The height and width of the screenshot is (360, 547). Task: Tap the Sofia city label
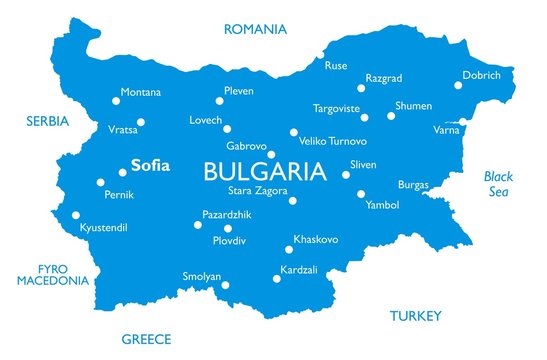tap(150, 167)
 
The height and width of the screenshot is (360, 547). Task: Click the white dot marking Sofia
tap(123, 172)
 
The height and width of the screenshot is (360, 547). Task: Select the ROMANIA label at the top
tap(255, 29)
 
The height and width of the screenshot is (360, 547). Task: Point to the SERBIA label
tap(47, 121)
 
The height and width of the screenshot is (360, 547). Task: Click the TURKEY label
tap(415, 316)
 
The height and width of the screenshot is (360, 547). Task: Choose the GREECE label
tap(147, 339)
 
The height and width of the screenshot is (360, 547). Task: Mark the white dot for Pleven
tap(219, 100)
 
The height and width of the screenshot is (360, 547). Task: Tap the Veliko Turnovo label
tap(334, 142)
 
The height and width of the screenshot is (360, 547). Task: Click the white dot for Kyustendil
tap(76, 214)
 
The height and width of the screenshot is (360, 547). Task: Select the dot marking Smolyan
tap(225, 285)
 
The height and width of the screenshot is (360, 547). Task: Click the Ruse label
tap(336, 66)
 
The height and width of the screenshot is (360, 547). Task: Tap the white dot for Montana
tap(113, 100)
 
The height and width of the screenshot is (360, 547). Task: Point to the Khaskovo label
tap(316, 239)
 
